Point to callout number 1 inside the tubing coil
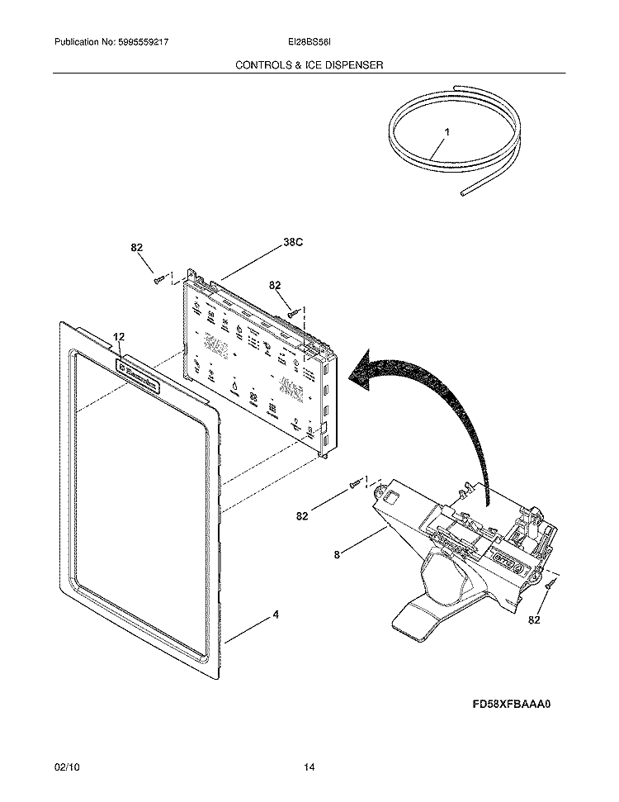click(x=447, y=131)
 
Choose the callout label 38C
click(x=293, y=243)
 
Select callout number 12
click(x=119, y=336)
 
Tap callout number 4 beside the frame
click(x=276, y=615)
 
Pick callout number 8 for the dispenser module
click(x=337, y=556)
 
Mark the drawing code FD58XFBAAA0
click(x=511, y=705)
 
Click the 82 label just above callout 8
click(x=302, y=516)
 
